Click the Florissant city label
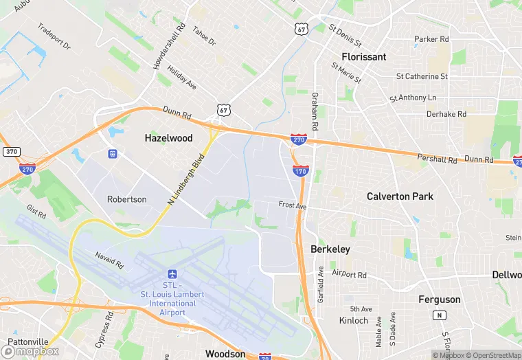click(x=364, y=57)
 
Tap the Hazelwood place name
click(x=168, y=138)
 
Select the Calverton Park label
click(x=400, y=196)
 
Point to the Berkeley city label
click(x=330, y=249)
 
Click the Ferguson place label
click(x=440, y=300)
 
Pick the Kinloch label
click(x=354, y=320)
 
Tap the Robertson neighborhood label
click(x=127, y=199)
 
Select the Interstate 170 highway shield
click(x=300, y=170)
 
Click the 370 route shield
click(x=10, y=152)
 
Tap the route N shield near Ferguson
click(x=438, y=315)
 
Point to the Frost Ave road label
click(x=292, y=205)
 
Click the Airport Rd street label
click(x=350, y=273)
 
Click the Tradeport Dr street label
click(x=54, y=37)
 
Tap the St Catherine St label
click(x=422, y=76)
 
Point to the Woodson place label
click(x=225, y=354)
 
